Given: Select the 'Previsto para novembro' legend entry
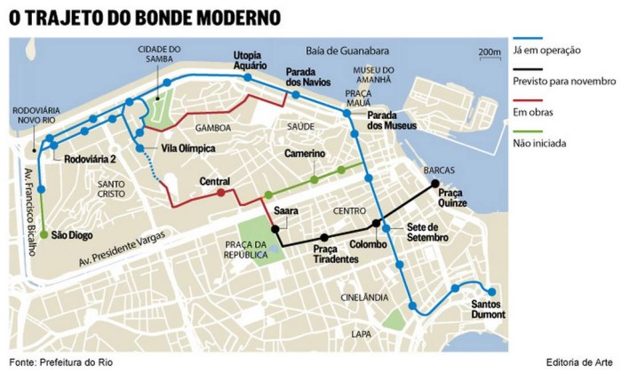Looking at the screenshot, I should click(564, 81).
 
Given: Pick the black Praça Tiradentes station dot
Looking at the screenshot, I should click(324, 237).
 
